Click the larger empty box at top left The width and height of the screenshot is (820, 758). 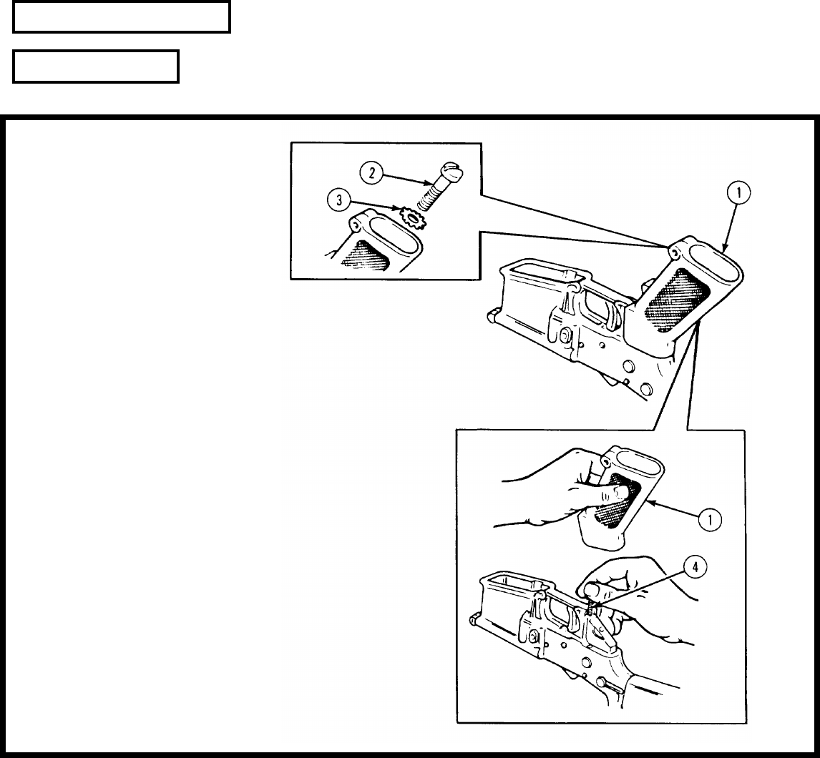point(122,17)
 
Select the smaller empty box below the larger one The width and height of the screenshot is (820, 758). point(96,67)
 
